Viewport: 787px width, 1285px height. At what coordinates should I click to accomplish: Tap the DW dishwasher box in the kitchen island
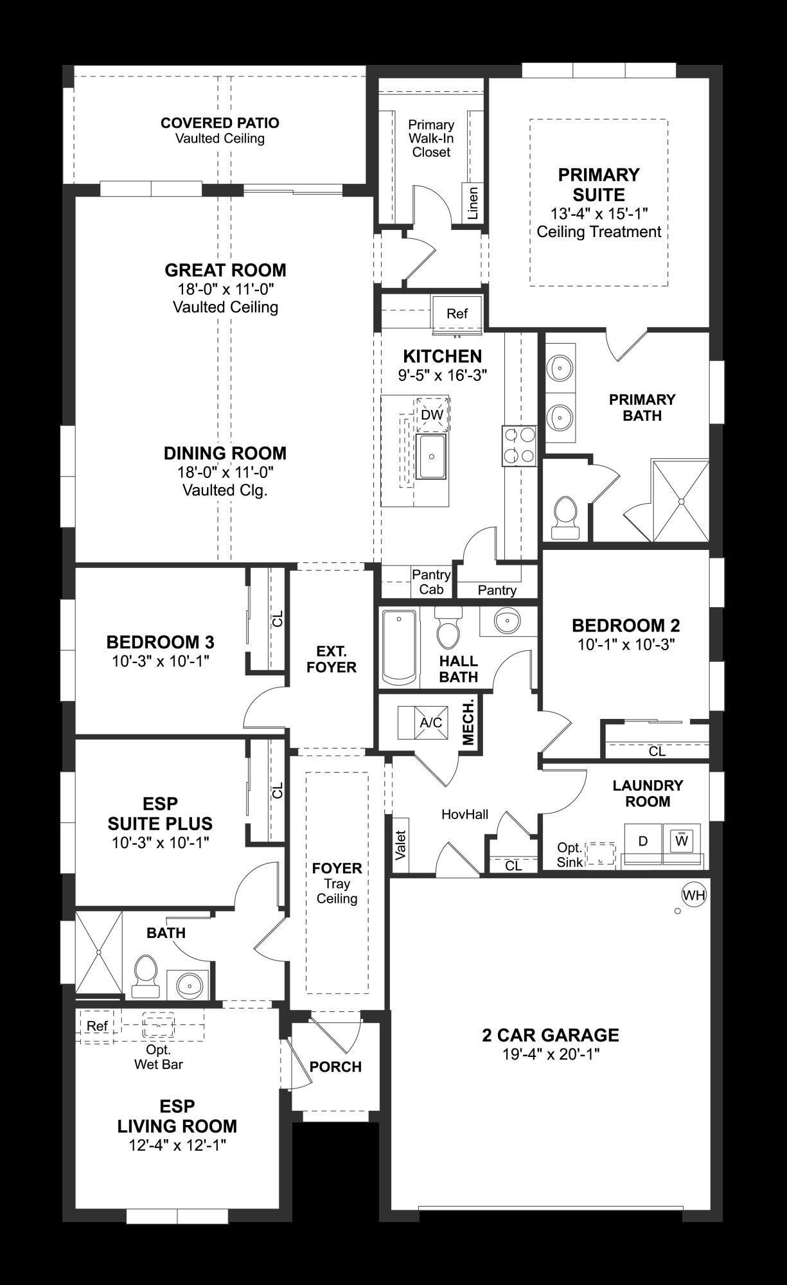(x=432, y=415)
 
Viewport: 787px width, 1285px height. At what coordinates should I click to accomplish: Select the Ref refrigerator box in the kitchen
(x=457, y=314)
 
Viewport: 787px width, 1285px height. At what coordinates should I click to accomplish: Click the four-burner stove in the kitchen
(x=519, y=445)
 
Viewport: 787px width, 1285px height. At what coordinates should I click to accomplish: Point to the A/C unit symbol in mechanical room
(x=430, y=723)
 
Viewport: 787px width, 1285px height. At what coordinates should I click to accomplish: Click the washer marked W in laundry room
(x=682, y=840)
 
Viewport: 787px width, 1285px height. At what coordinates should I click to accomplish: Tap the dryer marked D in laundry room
(x=643, y=841)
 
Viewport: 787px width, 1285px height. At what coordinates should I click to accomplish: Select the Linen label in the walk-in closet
(x=473, y=203)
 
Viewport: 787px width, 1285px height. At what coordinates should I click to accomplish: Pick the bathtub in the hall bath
(x=399, y=646)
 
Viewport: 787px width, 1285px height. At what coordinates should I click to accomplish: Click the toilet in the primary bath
(x=566, y=517)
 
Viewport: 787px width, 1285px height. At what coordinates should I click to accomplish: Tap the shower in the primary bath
(x=680, y=501)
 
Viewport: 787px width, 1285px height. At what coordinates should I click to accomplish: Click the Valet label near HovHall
(x=401, y=844)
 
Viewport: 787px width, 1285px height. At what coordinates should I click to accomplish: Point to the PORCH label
(x=335, y=1067)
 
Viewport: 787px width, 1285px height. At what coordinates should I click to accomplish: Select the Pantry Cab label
(x=431, y=582)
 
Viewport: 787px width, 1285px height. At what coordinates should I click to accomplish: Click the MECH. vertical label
(x=468, y=722)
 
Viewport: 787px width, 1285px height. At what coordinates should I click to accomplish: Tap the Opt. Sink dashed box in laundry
(x=601, y=855)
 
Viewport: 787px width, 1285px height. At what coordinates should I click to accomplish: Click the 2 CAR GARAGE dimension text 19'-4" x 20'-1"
(x=550, y=1054)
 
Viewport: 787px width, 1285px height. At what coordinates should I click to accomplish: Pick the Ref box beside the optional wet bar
(x=97, y=1026)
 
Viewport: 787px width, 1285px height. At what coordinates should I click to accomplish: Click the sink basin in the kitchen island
(x=432, y=456)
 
